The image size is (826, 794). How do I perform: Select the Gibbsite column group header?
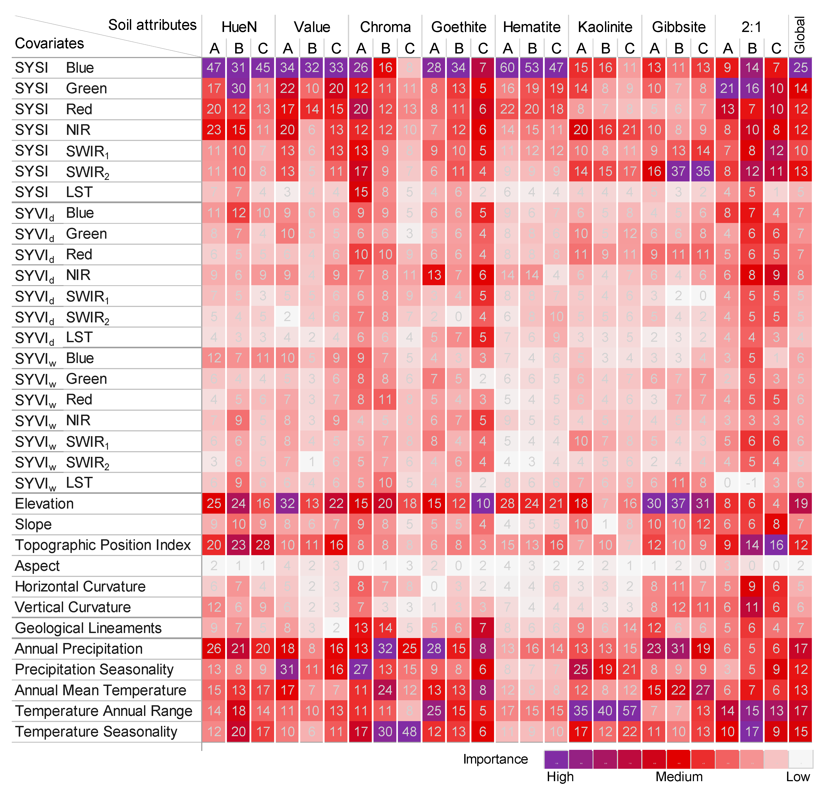(x=679, y=27)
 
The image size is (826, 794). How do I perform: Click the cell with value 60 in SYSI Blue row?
(x=507, y=67)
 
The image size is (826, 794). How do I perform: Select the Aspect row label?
(x=37, y=566)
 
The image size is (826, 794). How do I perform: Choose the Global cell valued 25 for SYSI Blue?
(x=800, y=67)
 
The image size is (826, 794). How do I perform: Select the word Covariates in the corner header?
(x=49, y=43)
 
